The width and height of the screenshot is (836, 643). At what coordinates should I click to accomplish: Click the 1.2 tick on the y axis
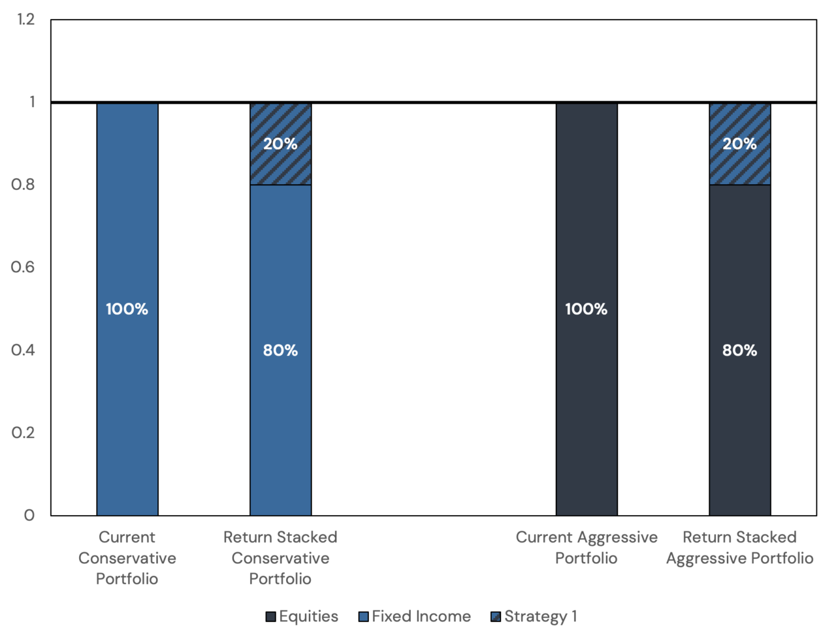pos(26,20)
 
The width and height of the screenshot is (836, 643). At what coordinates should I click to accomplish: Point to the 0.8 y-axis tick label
pos(24,185)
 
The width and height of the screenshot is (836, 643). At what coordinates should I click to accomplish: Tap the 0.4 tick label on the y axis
pos(24,350)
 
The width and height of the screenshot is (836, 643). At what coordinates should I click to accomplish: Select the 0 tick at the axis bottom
pos(29,515)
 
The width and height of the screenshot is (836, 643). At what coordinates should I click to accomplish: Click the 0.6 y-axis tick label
pos(24,267)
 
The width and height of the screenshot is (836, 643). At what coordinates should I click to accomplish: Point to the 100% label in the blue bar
pos(127,309)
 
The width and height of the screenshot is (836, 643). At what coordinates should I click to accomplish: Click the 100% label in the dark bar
pos(587,309)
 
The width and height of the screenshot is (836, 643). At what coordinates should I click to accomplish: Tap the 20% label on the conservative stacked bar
pos(281,144)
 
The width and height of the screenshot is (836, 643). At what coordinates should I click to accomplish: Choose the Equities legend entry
pos(302,616)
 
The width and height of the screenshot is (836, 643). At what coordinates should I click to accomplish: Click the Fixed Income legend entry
pos(415,616)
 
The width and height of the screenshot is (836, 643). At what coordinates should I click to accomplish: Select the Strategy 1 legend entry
pos(534,616)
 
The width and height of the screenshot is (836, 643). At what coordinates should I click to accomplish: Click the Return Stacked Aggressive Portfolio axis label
pos(740,548)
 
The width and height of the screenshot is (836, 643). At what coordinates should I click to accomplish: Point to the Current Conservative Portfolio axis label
pos(127,557)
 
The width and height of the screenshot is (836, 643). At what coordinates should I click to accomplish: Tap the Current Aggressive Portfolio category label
pos(587,548)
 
